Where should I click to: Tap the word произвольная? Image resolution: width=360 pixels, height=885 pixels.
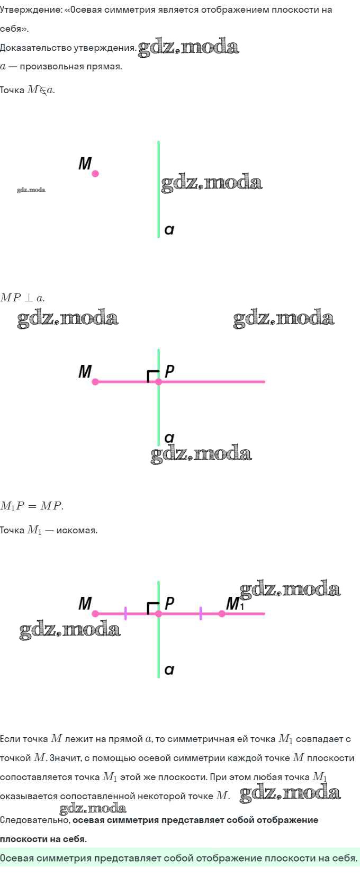(x=48, y=67)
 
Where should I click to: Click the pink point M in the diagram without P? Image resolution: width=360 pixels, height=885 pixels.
(x=95, y=173)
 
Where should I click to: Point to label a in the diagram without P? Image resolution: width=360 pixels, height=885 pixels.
(x=169, y=230)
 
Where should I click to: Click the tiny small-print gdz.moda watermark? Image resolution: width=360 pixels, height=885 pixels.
(x=31, y=190)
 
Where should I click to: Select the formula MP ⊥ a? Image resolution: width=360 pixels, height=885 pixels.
(x=22, y=298)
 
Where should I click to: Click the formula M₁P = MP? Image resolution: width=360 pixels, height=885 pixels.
(x=32, y=506)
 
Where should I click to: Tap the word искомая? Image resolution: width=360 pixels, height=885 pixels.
(x=76, y=530)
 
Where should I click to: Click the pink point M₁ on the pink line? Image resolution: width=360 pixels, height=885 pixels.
(x=222, y=614)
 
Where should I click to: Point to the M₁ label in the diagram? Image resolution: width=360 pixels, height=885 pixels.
(x=233, y=604)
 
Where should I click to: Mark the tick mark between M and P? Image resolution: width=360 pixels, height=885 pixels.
(x=125, y=613)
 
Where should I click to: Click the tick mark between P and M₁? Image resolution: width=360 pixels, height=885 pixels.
(x=201, y=613)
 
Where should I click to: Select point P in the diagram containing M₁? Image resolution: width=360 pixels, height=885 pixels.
(x=158, y=614)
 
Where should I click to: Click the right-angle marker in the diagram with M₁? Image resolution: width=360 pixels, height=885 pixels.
(x=152, y=608)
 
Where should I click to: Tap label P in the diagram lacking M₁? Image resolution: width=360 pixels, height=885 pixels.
(x=169, y=372)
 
